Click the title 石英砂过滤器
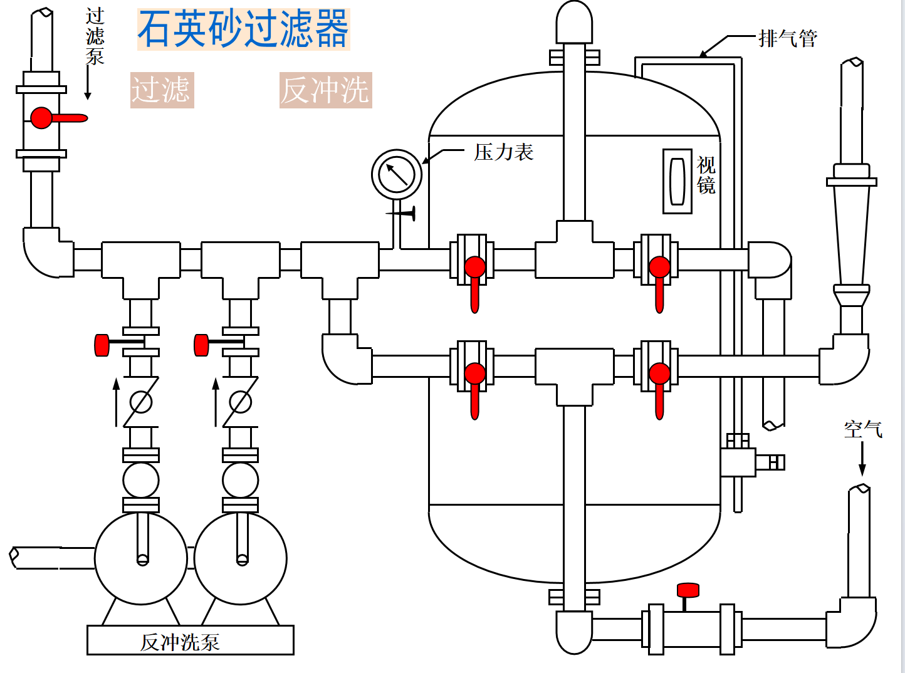tap(243, 29)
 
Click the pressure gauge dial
tap(397, 175)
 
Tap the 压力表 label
tap(503, 152)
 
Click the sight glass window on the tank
tap(677, 181)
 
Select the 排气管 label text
tap(787, 39)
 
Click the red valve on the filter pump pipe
tap(43, 117)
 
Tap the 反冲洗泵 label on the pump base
tap(180, 642)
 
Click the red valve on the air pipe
tap(688, 591)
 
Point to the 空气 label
tap(862, 429)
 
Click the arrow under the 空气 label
tap(862, 461)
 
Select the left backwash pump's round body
tap(141, 558)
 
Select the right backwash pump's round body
tap(241, 558)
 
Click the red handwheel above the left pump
tap(102, 345)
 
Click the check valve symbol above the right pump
tap(240, 402)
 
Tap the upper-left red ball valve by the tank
tap(474, 268)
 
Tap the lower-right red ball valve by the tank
tap(659, 375)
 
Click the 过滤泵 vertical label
tap(95, 36)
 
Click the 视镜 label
tap(706, 175)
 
